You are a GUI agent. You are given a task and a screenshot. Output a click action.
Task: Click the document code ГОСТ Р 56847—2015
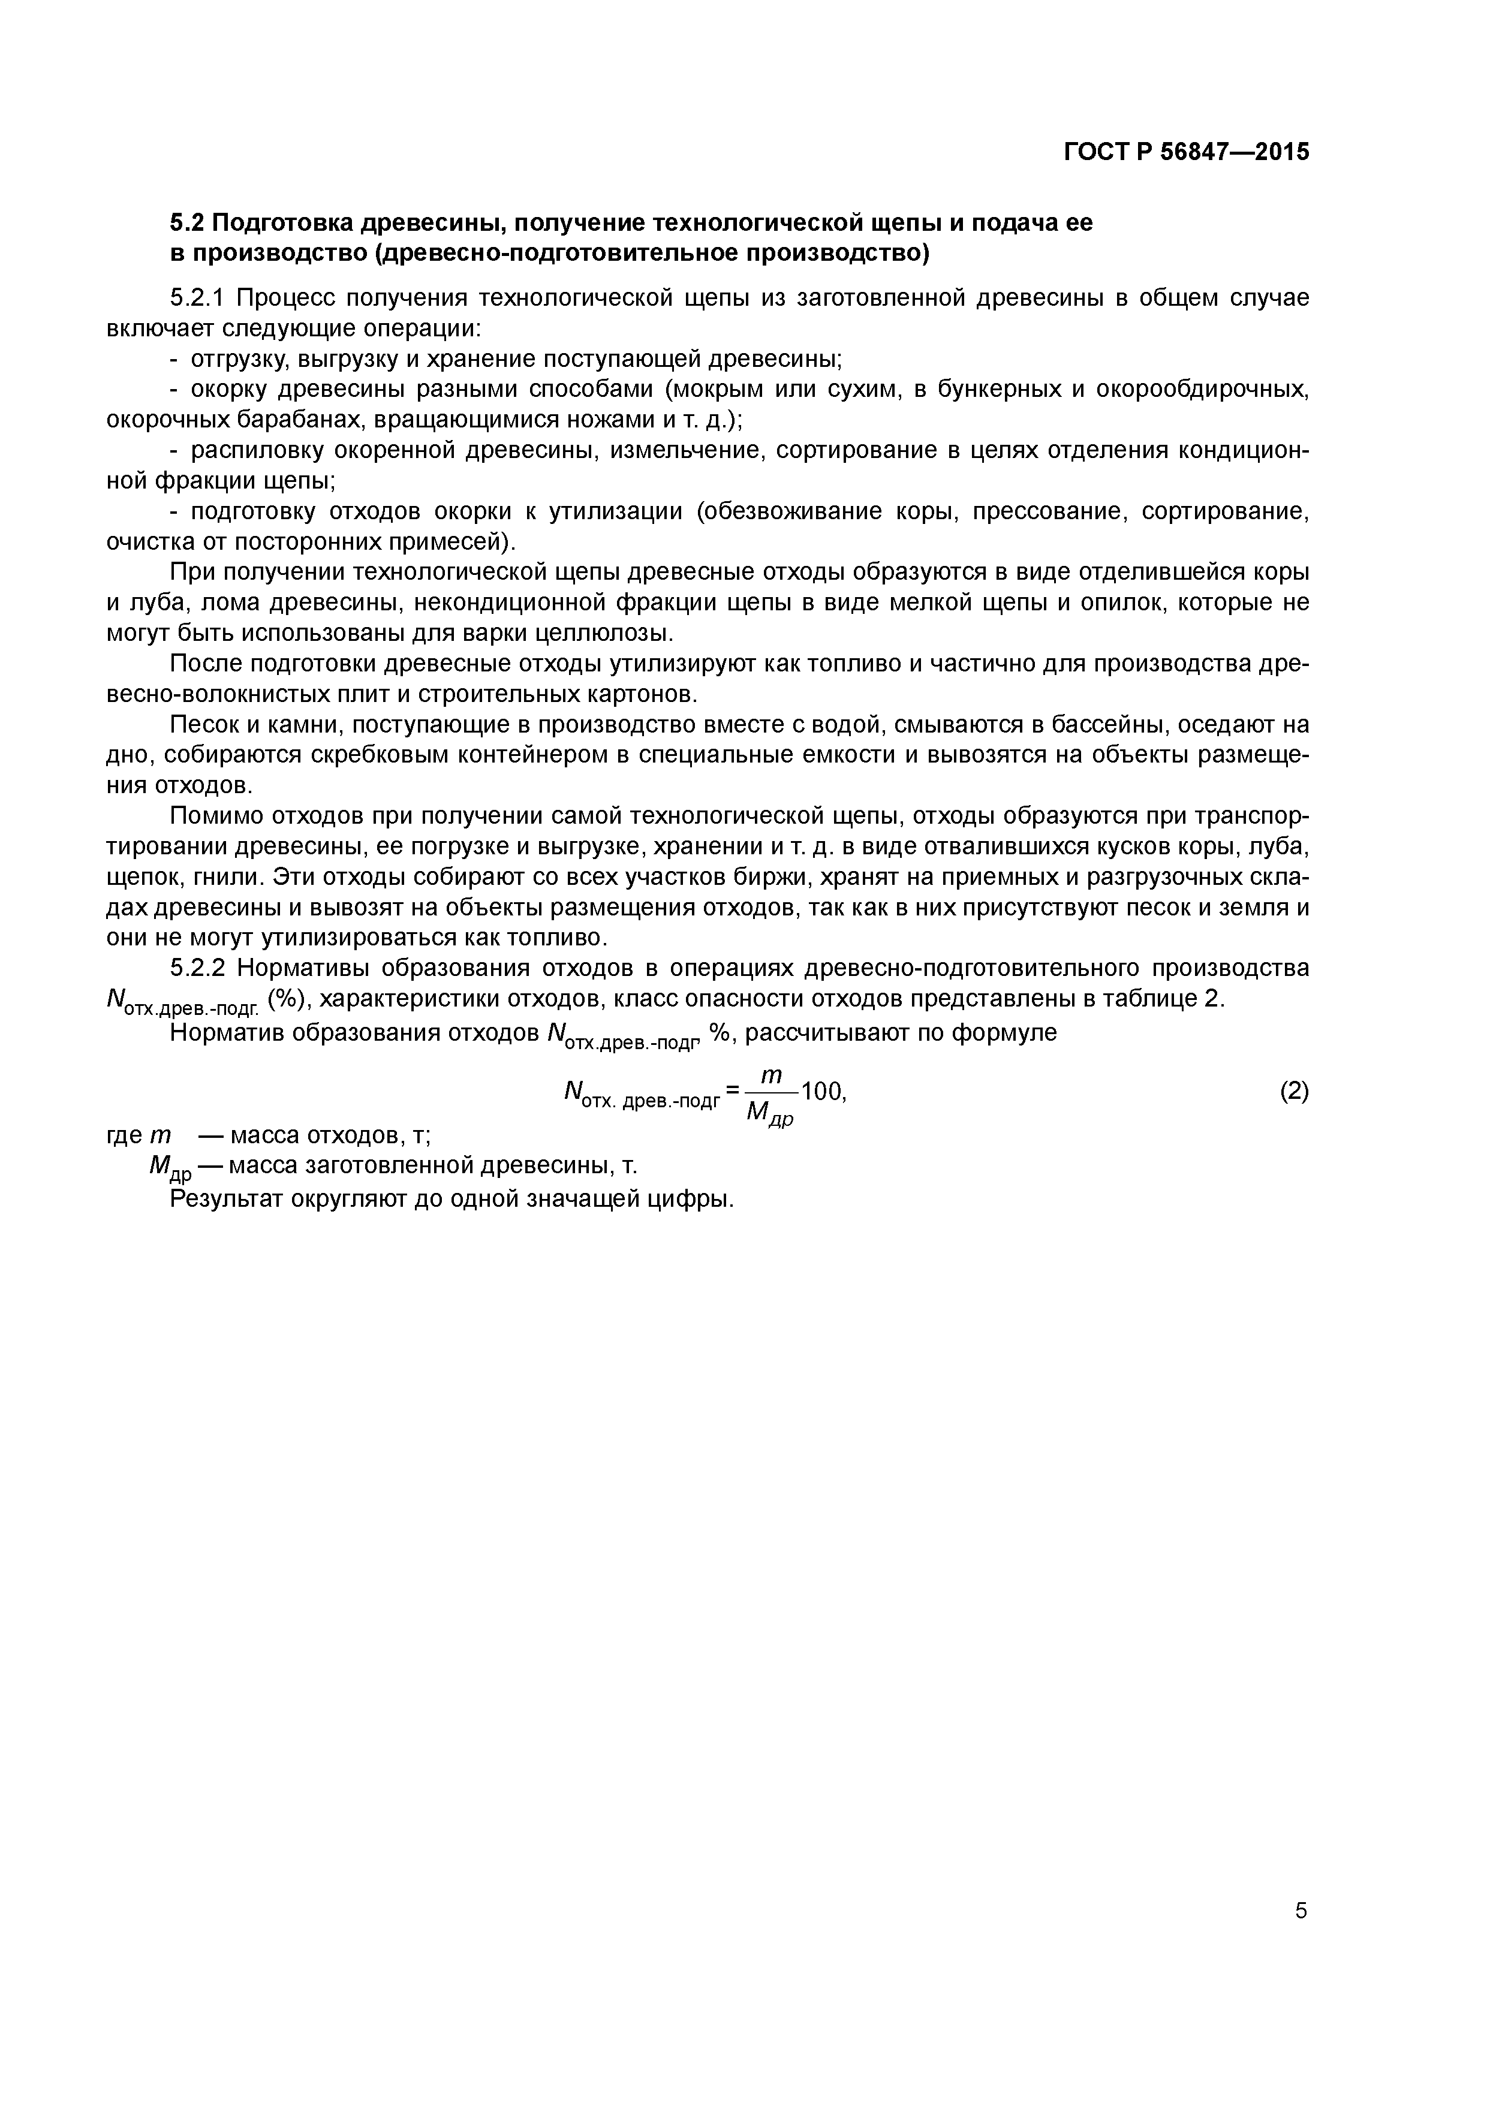[x=1187, y=152]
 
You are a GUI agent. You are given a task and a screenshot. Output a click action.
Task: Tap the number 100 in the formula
[x=820, y=1091]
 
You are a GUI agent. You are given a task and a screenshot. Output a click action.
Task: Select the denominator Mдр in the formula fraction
[x=770, y=1113]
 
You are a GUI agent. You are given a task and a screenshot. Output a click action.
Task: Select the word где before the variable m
[x=125, y=1136]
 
